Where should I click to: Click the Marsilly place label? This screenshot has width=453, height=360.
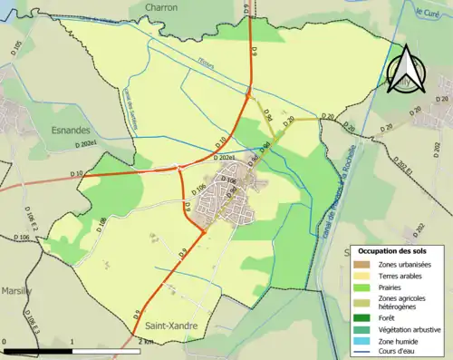pyautogui.click(x=14, y=291)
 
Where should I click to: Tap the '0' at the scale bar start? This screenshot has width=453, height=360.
pyautogui.click(x=5, y=341)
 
